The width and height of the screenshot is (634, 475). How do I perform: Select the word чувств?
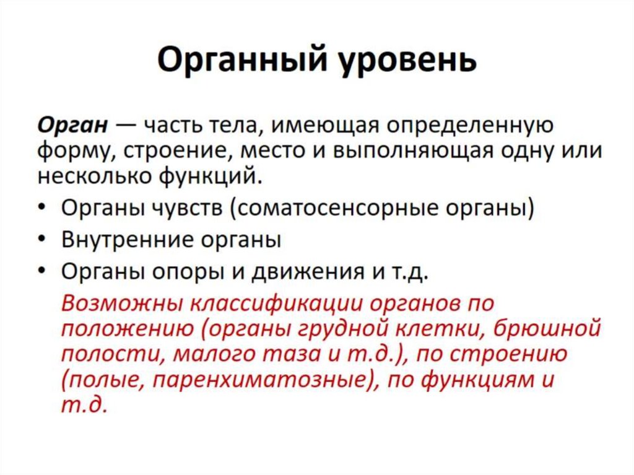186,209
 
